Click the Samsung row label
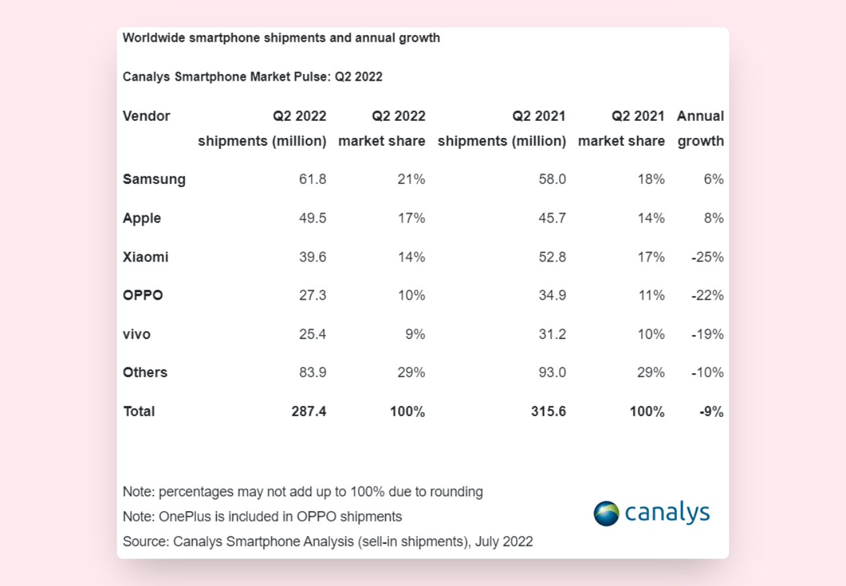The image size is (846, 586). (x=154, y=180)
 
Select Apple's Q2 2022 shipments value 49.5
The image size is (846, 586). (x=312, y=219)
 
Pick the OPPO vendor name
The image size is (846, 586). (x=143, y=295)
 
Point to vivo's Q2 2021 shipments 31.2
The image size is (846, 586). (x=552, y=334)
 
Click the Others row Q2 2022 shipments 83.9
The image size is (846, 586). (x=312, y=373)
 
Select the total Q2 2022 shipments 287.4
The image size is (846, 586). (x=309, y=411)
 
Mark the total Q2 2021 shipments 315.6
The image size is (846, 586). (x=549, y=411)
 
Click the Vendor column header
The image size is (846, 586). (x=146, y=116)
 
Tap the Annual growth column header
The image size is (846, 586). (x=700, y=128)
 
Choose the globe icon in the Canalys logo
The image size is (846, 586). (x=606, y=514)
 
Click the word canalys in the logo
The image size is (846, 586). (x=667, y=513)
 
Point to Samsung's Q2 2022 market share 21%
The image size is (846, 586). (x=411, y=180)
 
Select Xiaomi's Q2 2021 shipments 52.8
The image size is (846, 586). (x=552, y=257)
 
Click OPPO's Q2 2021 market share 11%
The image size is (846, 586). (x=651, y=295)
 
